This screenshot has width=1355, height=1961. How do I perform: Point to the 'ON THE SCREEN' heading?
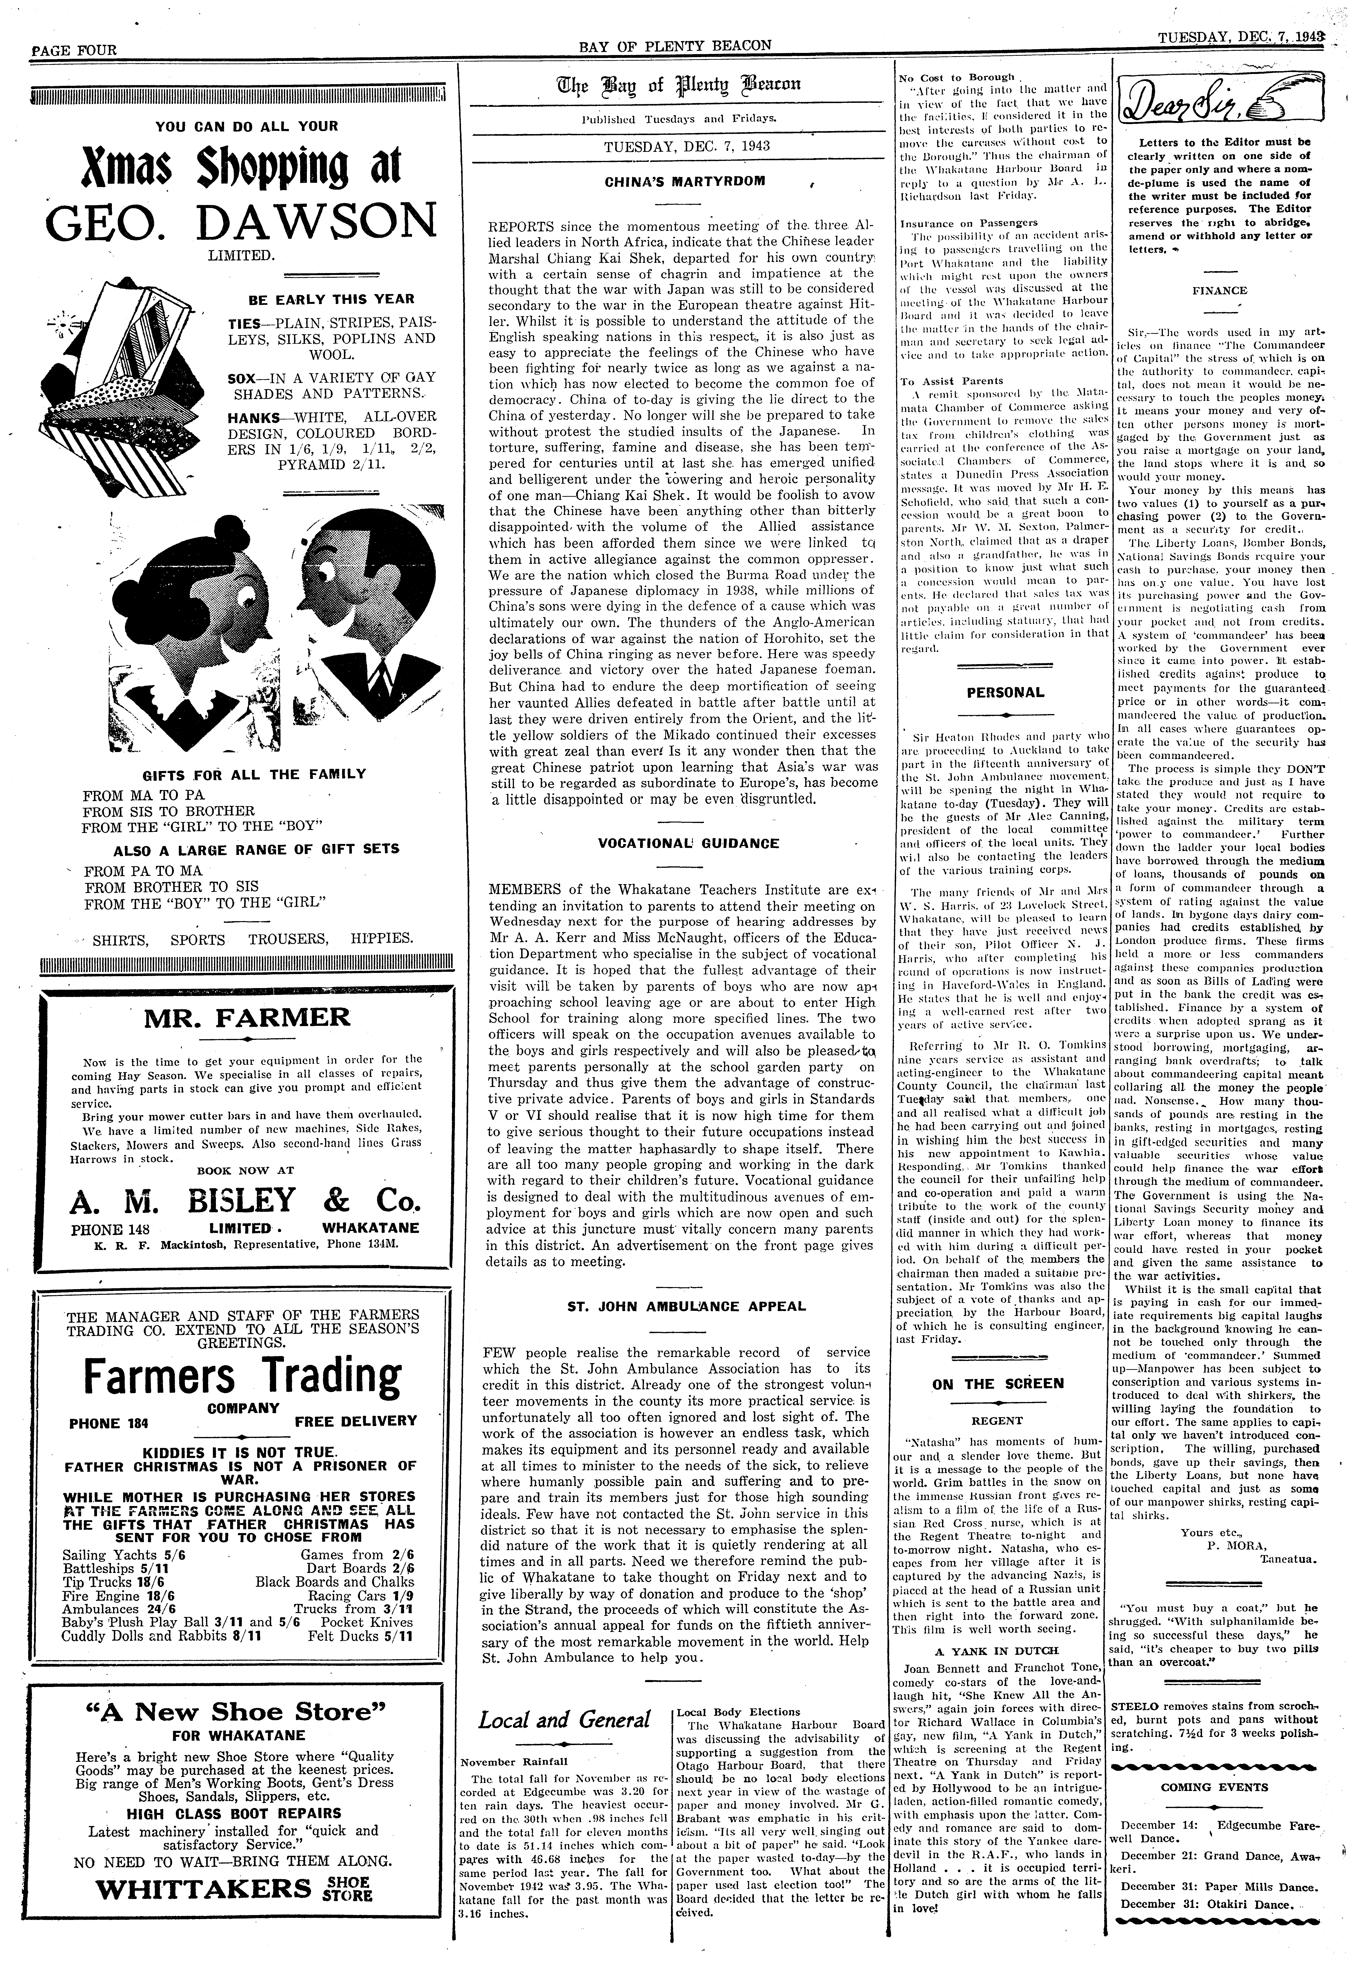point(998,1383)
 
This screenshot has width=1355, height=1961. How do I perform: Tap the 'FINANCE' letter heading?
point(1219,290)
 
